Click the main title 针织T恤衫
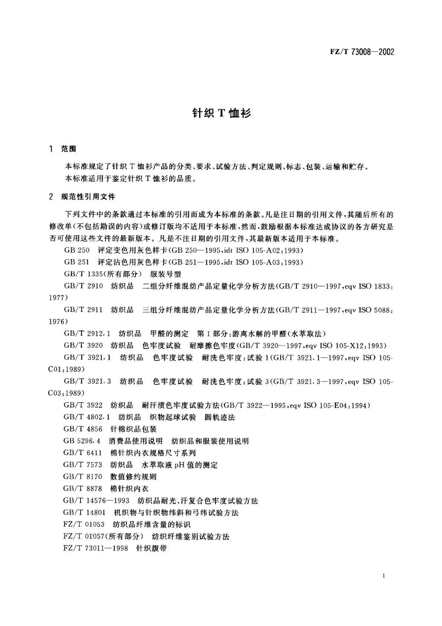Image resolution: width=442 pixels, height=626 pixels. pyautogui.click(x=222, y=113)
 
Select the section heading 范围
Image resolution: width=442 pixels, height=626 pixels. pyautogui.click(x=69, y=149)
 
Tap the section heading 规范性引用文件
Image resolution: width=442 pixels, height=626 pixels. pyautogui.click(x=88, y=197)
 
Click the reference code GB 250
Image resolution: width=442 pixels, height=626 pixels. pyautogui.click(x=77, y=250)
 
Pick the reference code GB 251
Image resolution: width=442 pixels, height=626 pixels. pyautogui.click(x=77, y=262)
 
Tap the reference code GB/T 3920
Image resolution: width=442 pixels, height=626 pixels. pyautogui.click(x=83, y=346)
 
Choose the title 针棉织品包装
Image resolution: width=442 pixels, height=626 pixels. pyautogui.click(x=134, y=429)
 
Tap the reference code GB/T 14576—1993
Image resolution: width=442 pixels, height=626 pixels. pyautogui.click(x=96, y=501)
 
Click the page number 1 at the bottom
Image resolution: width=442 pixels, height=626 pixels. pyautogui.click(x=383, y=577)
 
